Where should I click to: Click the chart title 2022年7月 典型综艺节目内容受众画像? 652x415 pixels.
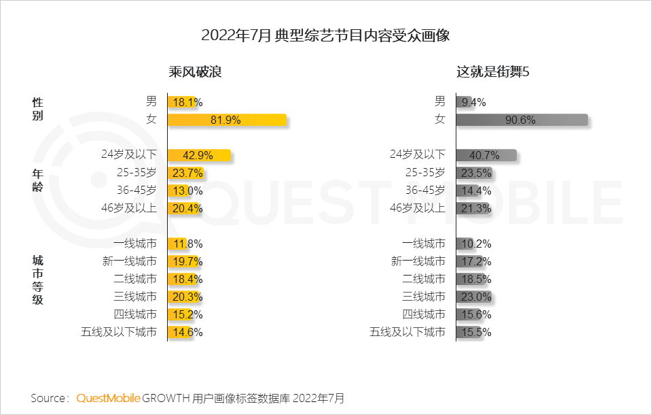pos(326,35)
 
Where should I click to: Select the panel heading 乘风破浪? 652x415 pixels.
pos(196,72)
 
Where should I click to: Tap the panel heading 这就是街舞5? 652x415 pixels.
pos(492,72)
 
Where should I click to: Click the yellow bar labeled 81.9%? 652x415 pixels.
pos(227,120)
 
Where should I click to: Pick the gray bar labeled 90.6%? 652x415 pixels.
pos(521,120)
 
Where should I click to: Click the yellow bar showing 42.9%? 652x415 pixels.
pos(199,156)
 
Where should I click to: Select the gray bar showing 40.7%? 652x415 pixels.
pos(486,156)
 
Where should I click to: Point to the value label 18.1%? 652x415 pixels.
pos(187,103)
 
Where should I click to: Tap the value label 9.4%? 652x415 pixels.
pos(473,103)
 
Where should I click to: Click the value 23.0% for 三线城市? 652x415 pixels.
pos(476,297)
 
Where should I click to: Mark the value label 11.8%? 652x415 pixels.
pos(187,244)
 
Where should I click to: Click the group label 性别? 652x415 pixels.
pos(38,109)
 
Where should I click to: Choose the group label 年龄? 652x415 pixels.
pos(38,180)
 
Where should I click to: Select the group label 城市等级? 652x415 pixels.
pos(38,280)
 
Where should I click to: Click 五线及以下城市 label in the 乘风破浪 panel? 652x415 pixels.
pos(119,333)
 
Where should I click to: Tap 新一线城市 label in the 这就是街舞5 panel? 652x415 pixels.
pos(418,262)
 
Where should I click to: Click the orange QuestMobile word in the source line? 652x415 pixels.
pos(109,398)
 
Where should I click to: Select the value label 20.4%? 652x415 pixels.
pos(187,209)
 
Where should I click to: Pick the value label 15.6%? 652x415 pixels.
pos(476,315)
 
